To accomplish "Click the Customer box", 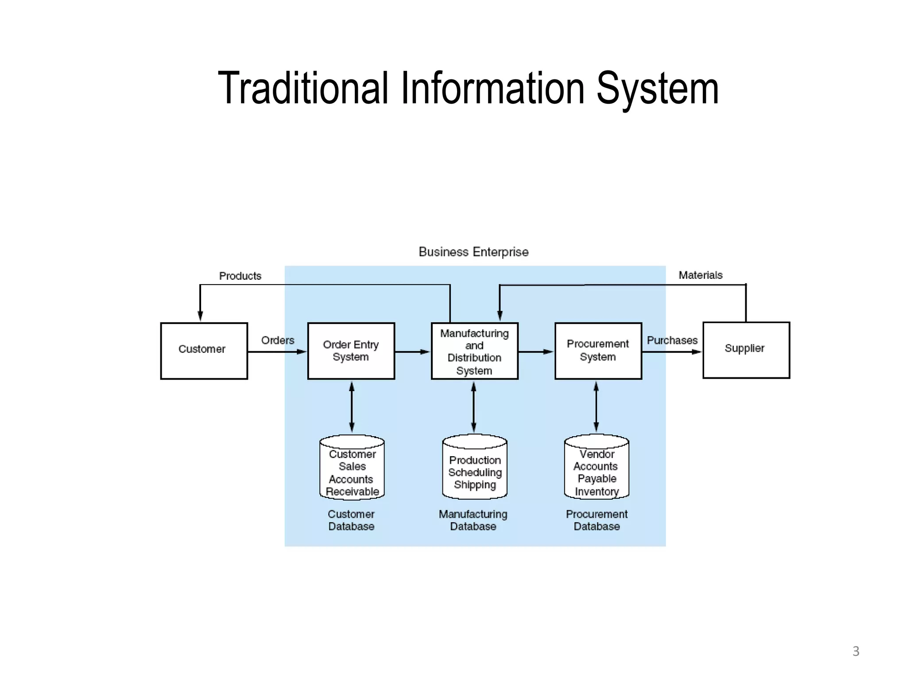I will pos(204,351).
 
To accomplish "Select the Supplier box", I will pos(746,350).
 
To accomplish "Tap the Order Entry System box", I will pos(351,351).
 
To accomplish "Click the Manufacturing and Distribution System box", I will pos(474,351).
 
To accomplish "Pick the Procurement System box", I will pos(598,351).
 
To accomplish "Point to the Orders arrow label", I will pos(278,340).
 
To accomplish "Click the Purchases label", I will pos(672,340).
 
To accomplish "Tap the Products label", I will pos(240,276).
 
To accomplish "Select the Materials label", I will pos(700,275).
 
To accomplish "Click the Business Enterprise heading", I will pos(473,252).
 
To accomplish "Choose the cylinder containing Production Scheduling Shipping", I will pos(474,467).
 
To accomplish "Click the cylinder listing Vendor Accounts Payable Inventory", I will pos(597,467).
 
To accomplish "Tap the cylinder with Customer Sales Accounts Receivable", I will pos(352,468).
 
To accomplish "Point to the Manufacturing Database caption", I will pos(473,520).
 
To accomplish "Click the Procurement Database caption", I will pos(597,520).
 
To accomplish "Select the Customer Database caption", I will pos(351,520).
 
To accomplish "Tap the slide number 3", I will pos(856,651).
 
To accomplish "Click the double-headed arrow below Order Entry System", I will pos(352,407).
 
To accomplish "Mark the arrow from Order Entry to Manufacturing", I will pos(412,352).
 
